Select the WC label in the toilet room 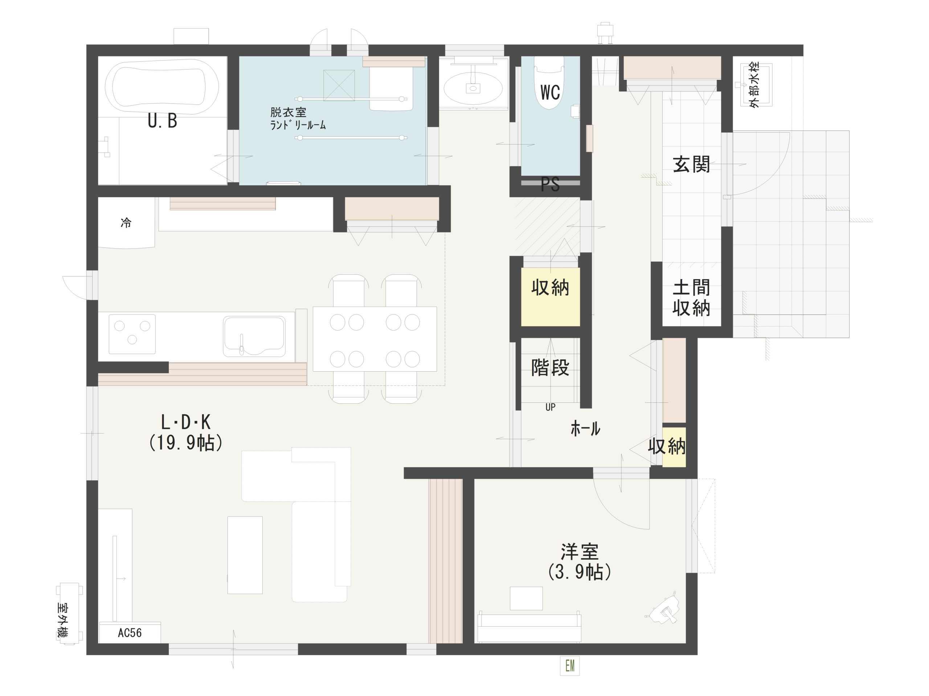point(550,92)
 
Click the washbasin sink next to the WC point(473,87)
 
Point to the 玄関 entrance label point(691,165)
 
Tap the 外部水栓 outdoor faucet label point(755,86)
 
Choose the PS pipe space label point(550,185)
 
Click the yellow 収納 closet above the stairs point(550,297)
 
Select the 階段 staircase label point(550,368)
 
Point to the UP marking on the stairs point(550,407)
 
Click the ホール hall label point(585,429)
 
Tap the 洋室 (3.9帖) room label point(580,562)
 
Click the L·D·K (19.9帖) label point(186,432)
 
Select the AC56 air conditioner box point(130,633)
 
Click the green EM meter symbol point(570,666)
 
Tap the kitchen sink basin point(254,336)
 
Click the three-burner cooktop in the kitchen point(132,334)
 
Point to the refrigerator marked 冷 point(126,223)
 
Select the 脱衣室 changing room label point(288,112)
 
